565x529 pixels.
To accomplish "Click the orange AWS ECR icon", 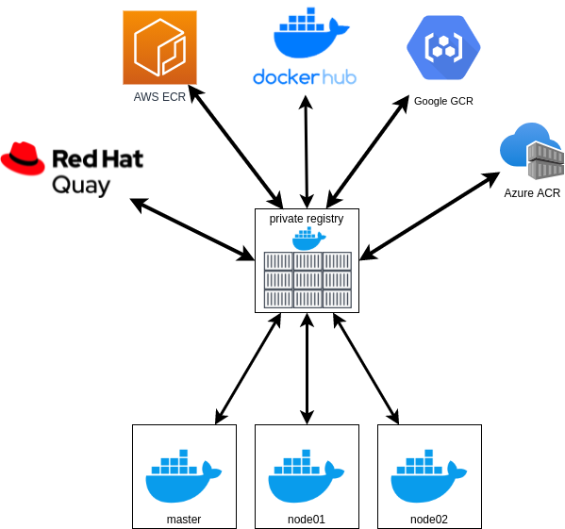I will tap(159, 47).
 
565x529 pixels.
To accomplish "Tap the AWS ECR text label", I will tap(159, 97).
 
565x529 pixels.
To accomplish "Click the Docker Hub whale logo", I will tap(306, 34).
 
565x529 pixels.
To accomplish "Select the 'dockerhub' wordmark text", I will tap(305, 76).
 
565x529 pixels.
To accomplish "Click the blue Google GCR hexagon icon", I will tap(443, 47).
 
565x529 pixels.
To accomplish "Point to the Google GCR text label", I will tap(443, 101).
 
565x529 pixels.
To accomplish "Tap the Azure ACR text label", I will tap(532, 193).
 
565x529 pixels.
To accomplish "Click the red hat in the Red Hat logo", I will tap(23, 158).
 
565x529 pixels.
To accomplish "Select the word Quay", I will tap(80, 184).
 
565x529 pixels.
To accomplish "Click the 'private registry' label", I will tap(307, 218).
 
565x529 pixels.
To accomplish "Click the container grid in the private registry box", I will tap(307, 279).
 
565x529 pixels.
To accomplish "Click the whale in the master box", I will tap(183, 476).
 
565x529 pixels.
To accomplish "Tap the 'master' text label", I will tap(184, 519).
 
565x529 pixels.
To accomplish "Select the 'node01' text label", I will tap(307, 519).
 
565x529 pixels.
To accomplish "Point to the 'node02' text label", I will tap(429, 519).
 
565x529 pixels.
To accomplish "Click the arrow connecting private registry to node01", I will tap(307, 368).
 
